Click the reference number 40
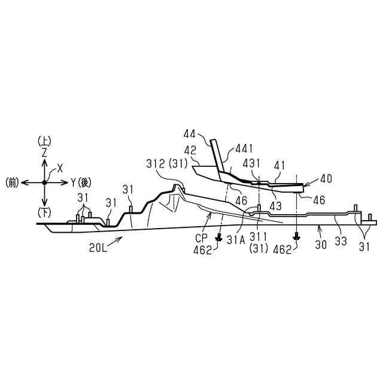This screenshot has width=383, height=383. [326, 178]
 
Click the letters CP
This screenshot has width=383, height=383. [201, 238]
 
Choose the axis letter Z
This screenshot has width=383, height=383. [44, 153]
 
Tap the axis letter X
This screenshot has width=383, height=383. [60, 169]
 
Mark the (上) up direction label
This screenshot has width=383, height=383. [44, 142]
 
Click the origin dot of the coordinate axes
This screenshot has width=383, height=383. [44, 183]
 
